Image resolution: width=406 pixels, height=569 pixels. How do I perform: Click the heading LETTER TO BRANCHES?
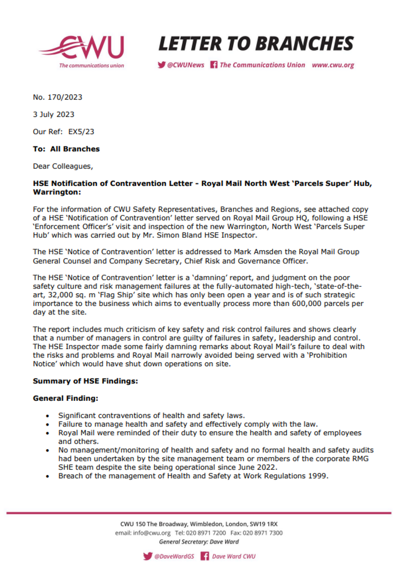[257, 43]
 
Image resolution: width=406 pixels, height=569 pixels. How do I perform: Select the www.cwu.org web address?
[333, 65]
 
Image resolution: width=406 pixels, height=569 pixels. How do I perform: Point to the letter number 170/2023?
[62, 96]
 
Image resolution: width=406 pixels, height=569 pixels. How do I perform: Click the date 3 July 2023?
[54, 114]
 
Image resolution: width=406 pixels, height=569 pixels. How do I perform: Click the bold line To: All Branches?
[66, 149]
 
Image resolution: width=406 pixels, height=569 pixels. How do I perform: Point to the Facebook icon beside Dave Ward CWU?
[205, 556]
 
